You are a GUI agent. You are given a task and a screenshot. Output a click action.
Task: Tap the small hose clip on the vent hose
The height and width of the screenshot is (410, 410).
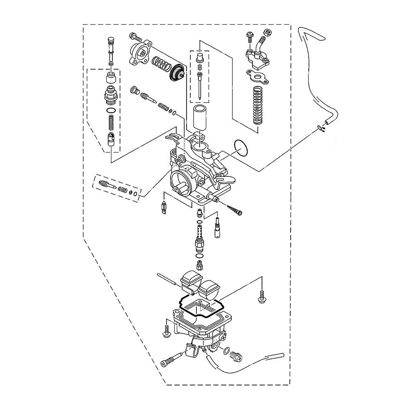click(321, 129)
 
